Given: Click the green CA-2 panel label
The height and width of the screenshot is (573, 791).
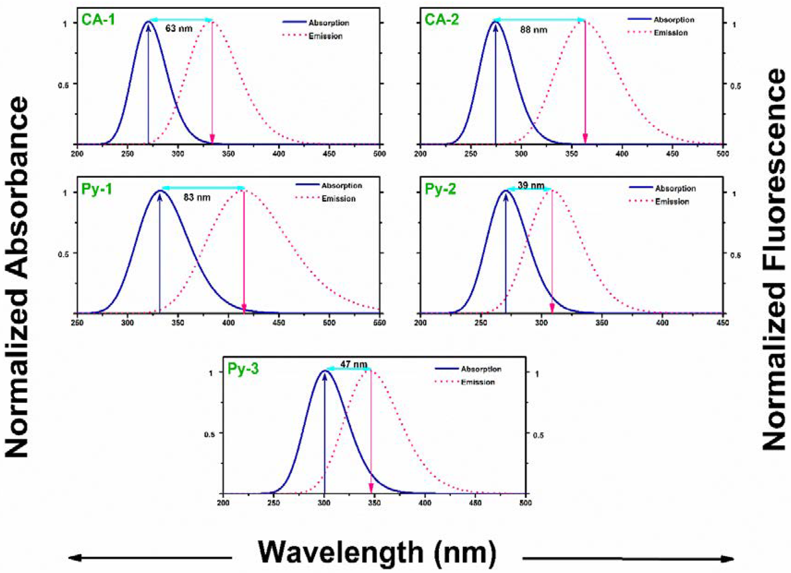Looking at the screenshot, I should coord(442,20).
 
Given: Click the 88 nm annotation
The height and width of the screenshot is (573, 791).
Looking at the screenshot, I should coord(534,30).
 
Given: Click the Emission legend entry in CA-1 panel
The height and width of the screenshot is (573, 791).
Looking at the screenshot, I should coord(325,36).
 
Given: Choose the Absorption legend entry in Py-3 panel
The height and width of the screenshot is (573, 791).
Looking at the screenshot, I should coord(481,369).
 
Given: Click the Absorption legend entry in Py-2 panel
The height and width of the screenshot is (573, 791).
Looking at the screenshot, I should coord(675,188).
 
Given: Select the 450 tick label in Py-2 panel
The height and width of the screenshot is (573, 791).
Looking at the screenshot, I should coord(723,323).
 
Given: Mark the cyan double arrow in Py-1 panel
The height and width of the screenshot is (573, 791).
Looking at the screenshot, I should coord(203,188).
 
